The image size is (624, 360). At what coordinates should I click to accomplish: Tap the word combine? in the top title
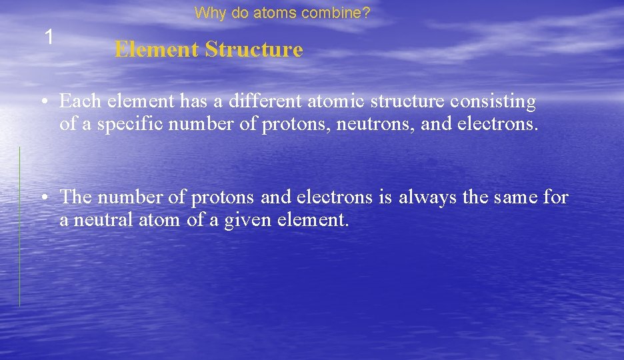coord(341,13)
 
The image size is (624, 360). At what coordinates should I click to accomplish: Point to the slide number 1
coord(49,37)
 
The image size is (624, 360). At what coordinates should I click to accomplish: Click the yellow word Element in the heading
coord(156,49)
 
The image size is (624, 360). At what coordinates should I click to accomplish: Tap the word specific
coord(128,125)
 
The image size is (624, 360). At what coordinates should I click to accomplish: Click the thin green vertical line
coord(19,227)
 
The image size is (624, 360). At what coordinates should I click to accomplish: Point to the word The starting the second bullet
coord(75,197)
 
